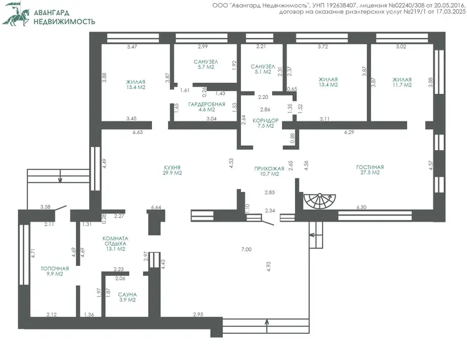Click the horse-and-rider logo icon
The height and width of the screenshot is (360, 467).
point(16,14)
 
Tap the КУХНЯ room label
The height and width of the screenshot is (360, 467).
point(172,168)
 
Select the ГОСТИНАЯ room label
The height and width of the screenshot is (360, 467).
point(370,167)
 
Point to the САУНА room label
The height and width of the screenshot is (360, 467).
point(128,295)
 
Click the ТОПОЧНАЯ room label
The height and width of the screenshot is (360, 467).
point(55,268)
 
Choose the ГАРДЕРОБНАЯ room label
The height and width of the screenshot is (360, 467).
point(207,104)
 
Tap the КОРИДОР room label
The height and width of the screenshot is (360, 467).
point(266,121)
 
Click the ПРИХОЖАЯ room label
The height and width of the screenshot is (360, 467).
point(269,169)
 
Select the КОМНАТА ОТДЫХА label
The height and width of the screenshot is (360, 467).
point(116,241)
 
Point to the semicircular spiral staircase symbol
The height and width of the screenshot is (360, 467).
point(319,201)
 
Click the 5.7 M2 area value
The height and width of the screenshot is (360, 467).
point(206,67)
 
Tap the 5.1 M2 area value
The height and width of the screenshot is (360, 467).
point(263,72)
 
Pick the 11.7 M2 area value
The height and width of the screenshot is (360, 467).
point(402,85)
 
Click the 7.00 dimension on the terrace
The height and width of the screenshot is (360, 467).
point(247,249)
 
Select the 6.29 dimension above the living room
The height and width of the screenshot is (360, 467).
point(349,132)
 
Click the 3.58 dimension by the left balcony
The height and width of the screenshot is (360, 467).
point(45,207)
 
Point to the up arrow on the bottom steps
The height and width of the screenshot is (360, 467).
point(267,326)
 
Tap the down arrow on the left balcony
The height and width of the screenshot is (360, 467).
point(60,176)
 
